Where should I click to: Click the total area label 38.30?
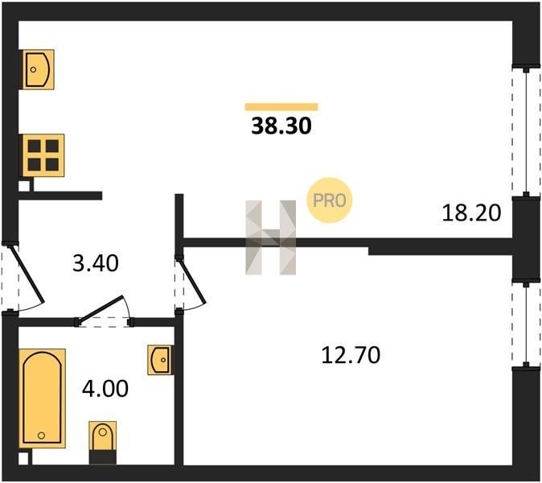coord(281,126)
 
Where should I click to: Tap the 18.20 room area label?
coord(471,213)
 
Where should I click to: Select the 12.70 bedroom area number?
coord(351,355)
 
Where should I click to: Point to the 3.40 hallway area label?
coord(96,263)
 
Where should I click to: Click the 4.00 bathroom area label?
coord(105,388)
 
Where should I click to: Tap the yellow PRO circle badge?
coord(330,200)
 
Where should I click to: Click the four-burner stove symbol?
coord(43,155)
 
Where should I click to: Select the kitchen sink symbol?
coord(39,69)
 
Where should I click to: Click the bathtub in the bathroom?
coord(42,398)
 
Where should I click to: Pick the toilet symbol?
coord(103,443)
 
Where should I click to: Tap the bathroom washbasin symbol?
coord(160,360)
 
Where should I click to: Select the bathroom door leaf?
coord(100,310)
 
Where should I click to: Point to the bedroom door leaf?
coord(192,281)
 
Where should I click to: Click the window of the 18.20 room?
coord(526,132)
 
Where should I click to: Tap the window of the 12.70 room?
coord(526,324)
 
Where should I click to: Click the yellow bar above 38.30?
coord(281,107)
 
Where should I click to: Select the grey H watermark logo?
coord(271,237)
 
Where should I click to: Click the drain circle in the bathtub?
coord(42,436)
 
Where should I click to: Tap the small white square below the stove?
coord(24,187)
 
